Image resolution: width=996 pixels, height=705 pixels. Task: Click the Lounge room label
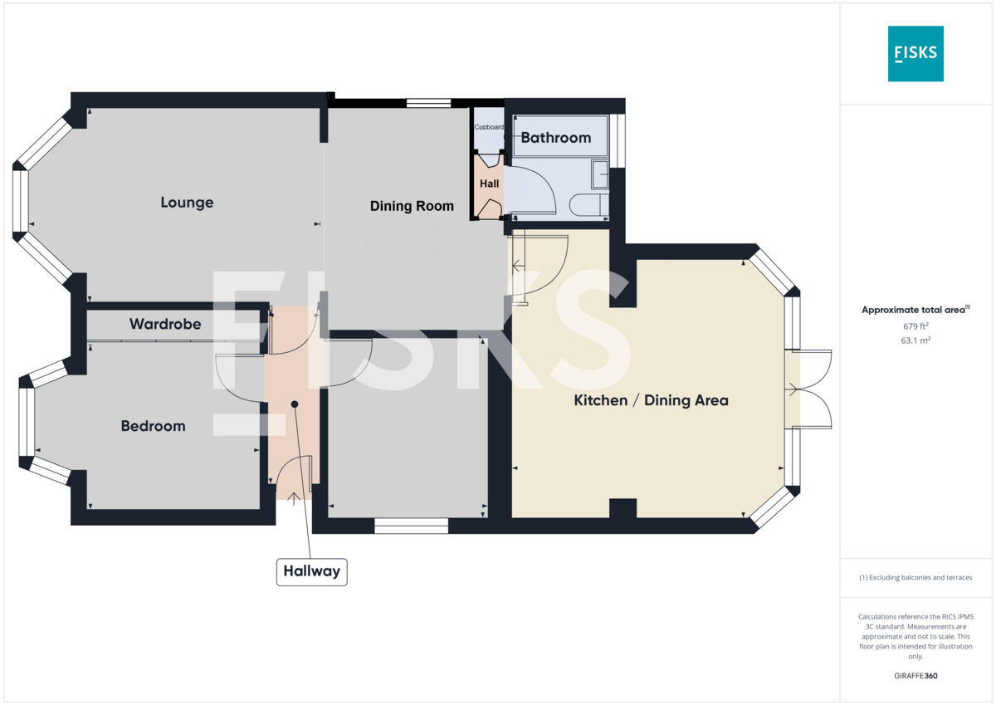(187, 203)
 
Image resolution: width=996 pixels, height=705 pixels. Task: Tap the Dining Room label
(412, 206)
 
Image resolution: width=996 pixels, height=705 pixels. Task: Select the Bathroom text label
(555, 138)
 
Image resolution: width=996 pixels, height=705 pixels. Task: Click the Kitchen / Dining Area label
(651, 400)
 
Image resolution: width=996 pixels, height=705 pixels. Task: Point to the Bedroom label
(153, 426)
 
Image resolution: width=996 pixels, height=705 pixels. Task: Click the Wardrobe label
(165, 324)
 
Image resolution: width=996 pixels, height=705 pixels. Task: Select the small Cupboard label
(489, 127)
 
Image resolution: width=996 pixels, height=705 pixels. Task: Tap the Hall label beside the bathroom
(490, 184)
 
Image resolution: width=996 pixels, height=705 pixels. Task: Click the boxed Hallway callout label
(311, 571)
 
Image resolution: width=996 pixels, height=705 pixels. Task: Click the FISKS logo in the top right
(915, 53)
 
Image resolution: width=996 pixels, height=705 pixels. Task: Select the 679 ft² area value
(915, 326)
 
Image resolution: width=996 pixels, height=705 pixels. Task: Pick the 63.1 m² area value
(915, 340)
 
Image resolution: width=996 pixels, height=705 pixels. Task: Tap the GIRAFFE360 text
(915, 676)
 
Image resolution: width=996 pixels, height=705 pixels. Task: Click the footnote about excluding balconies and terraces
(915, 578)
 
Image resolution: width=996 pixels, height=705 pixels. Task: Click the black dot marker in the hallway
(294, 404)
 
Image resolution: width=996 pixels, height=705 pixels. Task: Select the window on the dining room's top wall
(428, 104)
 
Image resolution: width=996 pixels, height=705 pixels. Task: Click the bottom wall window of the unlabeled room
(411, 526)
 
